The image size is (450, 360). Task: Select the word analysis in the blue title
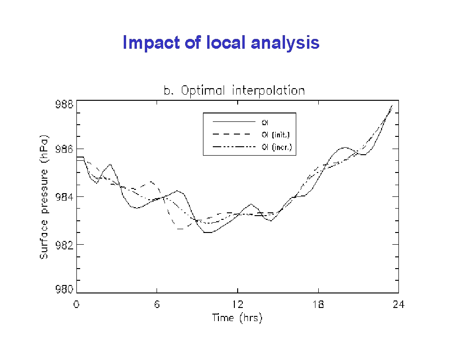285,43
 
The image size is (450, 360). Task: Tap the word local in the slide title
226,43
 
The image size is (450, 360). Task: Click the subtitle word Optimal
202,91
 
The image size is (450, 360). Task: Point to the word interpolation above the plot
268,91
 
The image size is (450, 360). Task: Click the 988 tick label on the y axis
64,104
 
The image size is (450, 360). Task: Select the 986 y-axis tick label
64,149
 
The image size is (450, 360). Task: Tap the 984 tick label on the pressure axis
64,197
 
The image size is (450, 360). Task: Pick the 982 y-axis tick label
64,245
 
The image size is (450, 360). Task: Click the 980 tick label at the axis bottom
64,289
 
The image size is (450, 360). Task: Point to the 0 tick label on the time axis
76,304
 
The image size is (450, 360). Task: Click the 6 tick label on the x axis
157,304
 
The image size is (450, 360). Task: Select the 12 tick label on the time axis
238,304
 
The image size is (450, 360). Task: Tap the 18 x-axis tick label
318,304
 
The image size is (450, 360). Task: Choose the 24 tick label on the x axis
398,304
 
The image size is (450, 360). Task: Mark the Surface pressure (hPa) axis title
44,197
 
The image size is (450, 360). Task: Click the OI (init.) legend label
276,135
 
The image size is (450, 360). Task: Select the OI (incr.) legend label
277,147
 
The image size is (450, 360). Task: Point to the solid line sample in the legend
234,122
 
